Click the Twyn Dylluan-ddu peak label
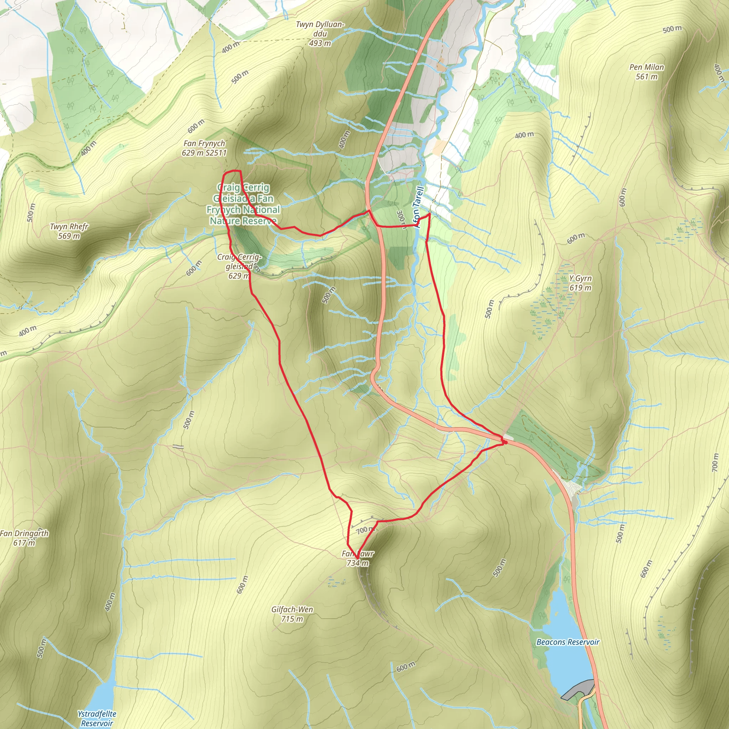coord(320,34)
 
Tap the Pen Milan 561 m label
coord(647,72)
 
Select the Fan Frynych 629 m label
coord(204,148)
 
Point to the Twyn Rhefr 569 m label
coord(69,231)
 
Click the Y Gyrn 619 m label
coord(580,283)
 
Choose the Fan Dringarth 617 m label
coord(24,538)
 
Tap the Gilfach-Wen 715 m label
coord(292,614)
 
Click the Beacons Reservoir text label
coord(568,642)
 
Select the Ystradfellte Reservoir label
coord(97,718)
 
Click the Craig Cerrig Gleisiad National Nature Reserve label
coord(243,204)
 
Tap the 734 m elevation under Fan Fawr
coord(357,563)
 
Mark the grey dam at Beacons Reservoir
coord(577,689)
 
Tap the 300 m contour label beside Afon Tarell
coord(402,220)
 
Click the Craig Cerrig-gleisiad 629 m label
coord(239,266)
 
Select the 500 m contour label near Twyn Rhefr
coord(31,213)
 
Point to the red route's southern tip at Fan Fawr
coord(357,558)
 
